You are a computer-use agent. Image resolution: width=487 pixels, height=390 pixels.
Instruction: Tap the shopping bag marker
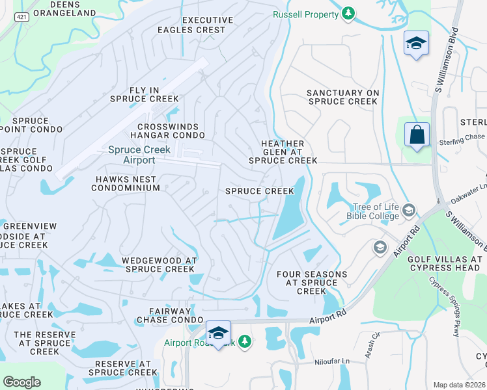(x=417, y=135)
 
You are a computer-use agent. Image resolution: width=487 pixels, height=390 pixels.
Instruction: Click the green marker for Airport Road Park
(x=244, y=341)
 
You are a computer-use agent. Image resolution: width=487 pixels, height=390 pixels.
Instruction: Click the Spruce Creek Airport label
(x=139, y=155)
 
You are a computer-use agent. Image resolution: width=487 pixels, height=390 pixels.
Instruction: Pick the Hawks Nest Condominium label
(x=126, y=183)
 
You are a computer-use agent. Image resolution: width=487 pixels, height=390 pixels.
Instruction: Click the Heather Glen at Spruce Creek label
(x=283, y=151)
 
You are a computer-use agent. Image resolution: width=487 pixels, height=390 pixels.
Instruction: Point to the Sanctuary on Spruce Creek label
(x=342, y=97)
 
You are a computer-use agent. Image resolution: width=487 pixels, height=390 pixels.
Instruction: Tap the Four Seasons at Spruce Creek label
(x=311, y=283)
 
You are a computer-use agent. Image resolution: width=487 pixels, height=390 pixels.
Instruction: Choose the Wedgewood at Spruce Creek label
(x=160, y=264)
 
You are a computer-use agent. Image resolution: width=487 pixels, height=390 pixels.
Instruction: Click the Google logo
(x=21, y=382)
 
